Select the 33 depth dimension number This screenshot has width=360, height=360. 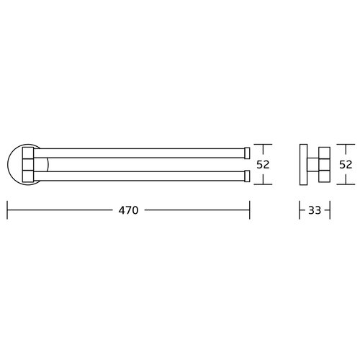click(x=315, y=210)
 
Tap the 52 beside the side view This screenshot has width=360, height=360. click(x=346, y=164)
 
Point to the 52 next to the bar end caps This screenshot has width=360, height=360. click(x=263, y=164)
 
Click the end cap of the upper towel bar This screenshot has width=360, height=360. click(x=247, y=153)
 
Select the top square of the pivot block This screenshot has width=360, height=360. click(x=28, y=153)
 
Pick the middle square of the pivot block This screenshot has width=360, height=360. click(x=28, y=164)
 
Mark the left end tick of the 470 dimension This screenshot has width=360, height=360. click(x=7, y=210)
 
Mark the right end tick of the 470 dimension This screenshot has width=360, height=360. click(x=250, y=210)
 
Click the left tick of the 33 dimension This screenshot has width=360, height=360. click(x=300, y=210)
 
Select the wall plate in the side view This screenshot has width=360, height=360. click(x=304, y=164)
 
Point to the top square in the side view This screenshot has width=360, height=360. click(x=325, y=153)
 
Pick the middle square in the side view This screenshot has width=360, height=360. click(x=325, y=164)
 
